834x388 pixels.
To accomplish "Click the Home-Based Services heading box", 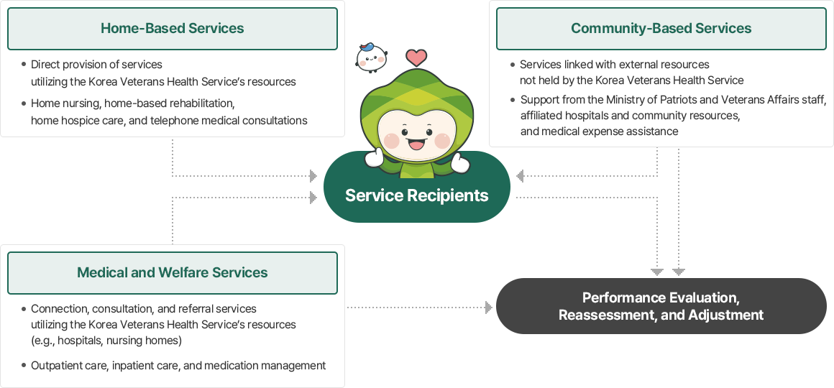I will (x=173, y=29).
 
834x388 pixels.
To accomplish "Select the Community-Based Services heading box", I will (x=661, y=29).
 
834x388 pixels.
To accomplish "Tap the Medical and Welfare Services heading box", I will (x=173, y=273).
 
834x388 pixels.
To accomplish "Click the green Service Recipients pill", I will (x=416, y=195).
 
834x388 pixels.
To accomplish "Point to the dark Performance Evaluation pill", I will (x=661, y=306).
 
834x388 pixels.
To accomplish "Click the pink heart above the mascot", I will (x=416, y=57).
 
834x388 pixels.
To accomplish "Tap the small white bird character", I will (x=371, y=58).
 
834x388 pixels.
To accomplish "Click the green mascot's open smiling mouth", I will (x=416, y=144).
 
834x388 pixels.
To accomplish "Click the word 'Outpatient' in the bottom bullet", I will (x=56, y=366).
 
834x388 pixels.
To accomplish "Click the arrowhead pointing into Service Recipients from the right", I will (x=521, y=175).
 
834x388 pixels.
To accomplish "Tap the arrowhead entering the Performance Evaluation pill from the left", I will (x=489, y=308).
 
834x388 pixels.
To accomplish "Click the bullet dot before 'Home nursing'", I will (x=24, y=103).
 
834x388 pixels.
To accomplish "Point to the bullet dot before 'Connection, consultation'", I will (x=24, y=308).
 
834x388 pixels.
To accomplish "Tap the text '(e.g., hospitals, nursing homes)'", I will (x=106, y=340).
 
